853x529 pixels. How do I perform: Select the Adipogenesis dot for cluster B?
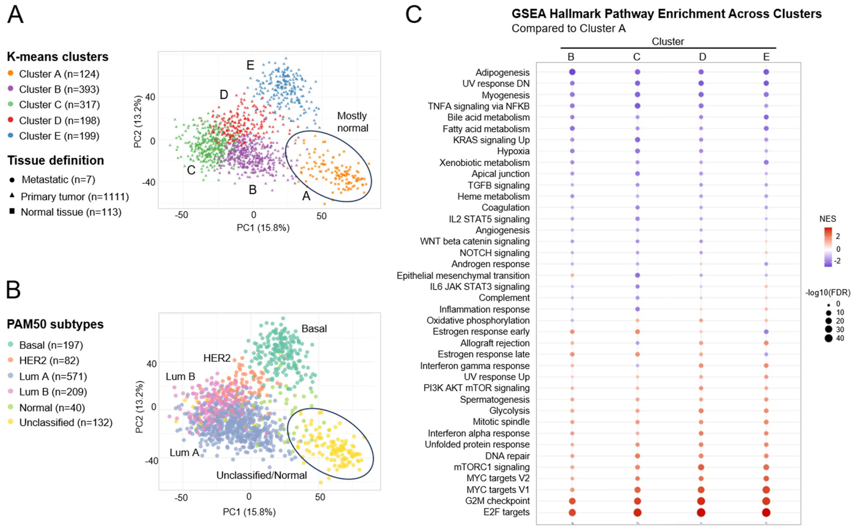click(572, 72)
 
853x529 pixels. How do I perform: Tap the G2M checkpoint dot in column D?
click(701, 501)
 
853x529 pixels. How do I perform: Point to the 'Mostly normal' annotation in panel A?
click(352, 122)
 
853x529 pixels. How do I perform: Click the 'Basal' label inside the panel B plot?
click(314, 329)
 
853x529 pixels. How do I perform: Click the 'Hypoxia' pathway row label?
click(513, 151)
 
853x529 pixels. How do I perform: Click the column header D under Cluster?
click(702, 57)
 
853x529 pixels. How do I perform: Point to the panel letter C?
click(413, 15)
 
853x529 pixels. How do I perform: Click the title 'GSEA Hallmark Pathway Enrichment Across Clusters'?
click(666, 14)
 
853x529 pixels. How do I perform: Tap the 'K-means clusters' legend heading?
click(58, 57)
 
